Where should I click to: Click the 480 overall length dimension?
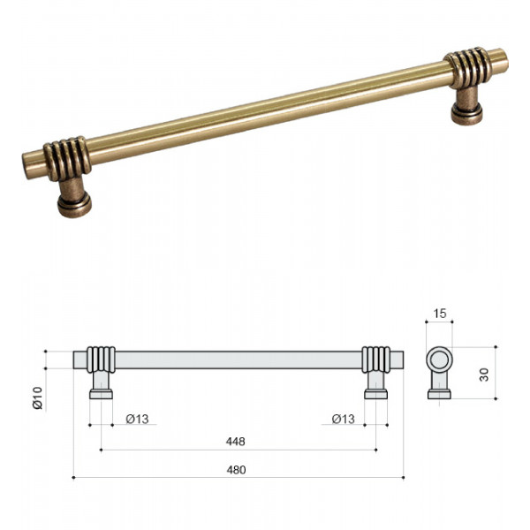(x=236, y=470)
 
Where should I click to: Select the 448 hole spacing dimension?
(x=235, y=442)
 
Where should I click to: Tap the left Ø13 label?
(x=137, y=419)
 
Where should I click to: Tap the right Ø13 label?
(x=344, y=419)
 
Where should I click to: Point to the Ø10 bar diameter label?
(x=37, y=397)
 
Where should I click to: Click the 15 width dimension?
(x=440, y=314)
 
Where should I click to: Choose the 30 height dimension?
(x=484, y=375)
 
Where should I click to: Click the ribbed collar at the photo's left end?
(x=68, y=158)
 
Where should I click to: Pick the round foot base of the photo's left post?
(x=74, y=205)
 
